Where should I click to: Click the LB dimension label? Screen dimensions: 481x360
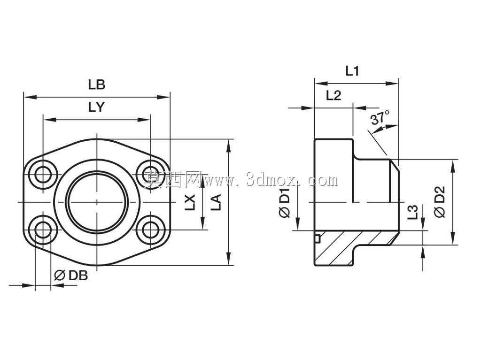97,84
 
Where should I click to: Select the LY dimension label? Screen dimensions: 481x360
97,107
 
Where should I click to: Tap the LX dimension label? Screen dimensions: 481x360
190,202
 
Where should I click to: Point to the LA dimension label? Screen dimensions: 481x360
216,202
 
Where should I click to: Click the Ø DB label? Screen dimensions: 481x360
71,276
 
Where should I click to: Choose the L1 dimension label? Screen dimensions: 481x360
352,71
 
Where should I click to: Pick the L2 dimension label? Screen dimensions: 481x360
334,96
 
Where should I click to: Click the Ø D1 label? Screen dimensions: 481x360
285,203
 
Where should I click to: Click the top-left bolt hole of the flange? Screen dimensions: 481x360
43,175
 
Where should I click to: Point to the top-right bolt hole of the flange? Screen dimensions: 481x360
151,175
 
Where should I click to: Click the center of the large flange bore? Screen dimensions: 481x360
97,202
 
